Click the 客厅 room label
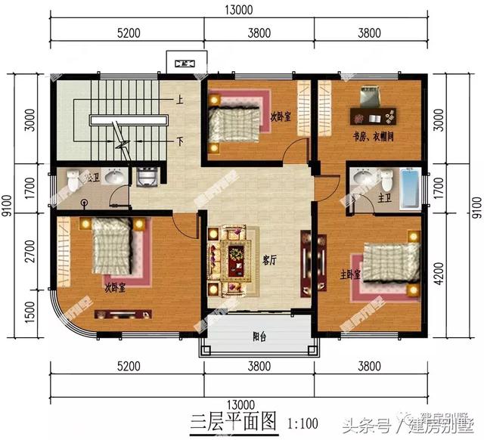click(269, 259)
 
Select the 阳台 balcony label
click(259, 338)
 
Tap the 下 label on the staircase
click(180, 140)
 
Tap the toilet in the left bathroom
click(73, 181)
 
